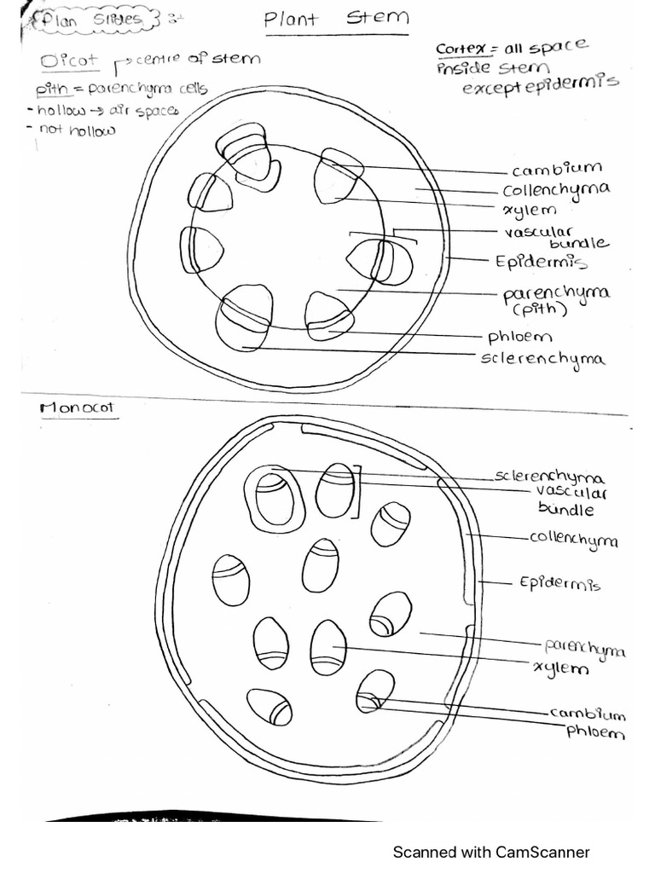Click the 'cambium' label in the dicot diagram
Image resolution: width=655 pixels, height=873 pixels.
557,169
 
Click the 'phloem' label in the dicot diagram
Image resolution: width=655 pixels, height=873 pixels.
519,337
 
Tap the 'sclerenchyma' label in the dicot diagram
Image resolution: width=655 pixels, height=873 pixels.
543,358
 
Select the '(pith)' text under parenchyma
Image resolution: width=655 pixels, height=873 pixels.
536,310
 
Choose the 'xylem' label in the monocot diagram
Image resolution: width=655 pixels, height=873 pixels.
560,668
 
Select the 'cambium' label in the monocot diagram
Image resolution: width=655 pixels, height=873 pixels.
587,714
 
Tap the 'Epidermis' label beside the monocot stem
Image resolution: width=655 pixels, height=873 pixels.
559,584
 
